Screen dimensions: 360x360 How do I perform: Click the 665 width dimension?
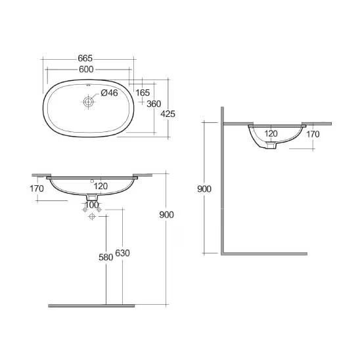tap(85, 58)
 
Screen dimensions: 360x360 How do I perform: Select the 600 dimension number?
tap(86, 69)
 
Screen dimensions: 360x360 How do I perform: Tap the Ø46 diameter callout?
tap(109, 93)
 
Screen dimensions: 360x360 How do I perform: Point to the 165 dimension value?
tap(143, 93)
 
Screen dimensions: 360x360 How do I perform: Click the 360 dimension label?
tap(154, 104)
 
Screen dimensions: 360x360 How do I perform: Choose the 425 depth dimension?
tap(168, 114)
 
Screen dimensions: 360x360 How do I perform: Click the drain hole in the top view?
tap(89, 101)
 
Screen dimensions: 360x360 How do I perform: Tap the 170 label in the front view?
tap(37, 189)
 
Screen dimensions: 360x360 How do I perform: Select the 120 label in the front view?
tap(101, 186)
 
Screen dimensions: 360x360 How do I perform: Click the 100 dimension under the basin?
tap(92, 204)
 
